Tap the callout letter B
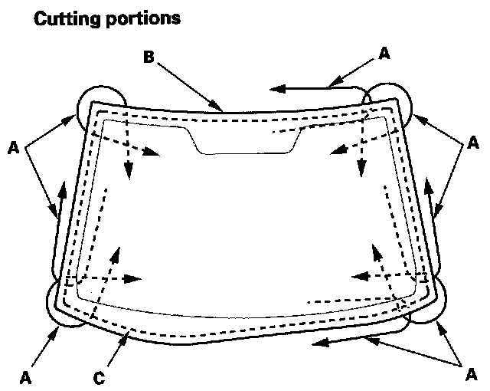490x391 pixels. [149, 58]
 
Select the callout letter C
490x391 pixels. [99, 378]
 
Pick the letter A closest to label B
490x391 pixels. [384, 54]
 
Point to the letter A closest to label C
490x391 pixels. [25, 377]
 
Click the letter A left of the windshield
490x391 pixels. [13, 148]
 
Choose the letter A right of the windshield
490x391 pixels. [473, 143]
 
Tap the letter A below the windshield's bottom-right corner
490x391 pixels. [472, 374]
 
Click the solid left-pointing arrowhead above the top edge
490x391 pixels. [277, 89]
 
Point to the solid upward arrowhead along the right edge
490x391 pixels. [429, 187]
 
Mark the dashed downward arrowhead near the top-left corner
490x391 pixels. [129, 172]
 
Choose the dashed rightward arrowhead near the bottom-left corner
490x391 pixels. [132, 279]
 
